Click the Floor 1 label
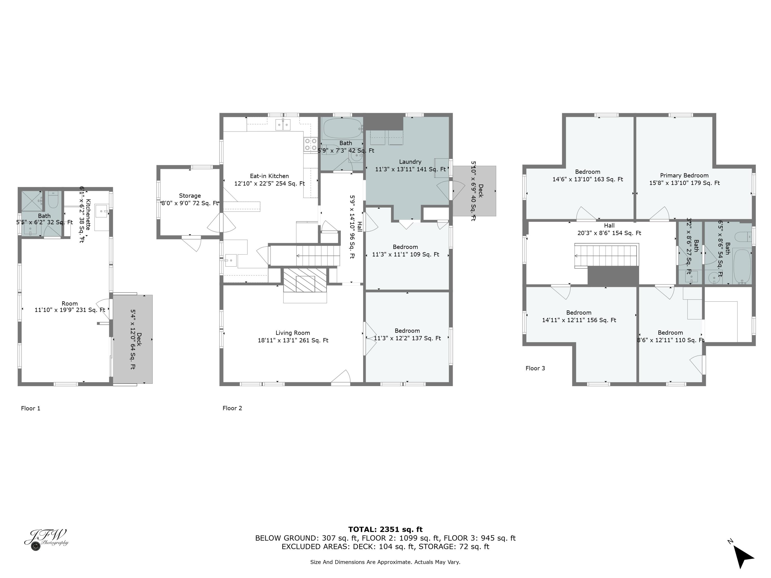point(31,408)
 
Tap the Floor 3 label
point(535,368)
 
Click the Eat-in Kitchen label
point(269,176)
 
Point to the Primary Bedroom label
point(684,176)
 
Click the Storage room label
point(190,196)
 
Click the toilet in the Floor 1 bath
point(53,200)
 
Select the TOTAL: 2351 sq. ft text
point(385,529)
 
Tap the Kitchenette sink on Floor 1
point(102,211)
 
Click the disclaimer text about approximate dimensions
point(385,562)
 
